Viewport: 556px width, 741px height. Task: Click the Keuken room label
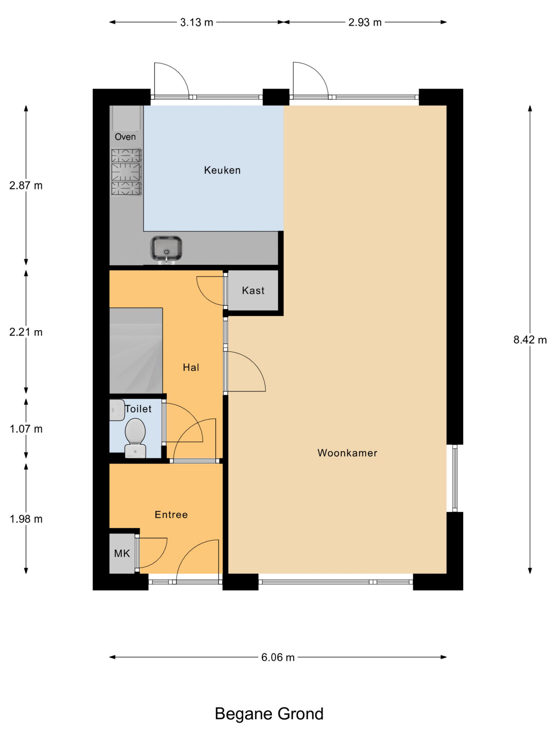click(x=222, y=170)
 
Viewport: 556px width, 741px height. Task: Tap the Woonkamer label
click(x=347, y=453)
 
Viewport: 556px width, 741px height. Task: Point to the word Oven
click(x=125, y=137)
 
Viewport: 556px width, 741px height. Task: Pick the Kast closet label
click(x=253, y=290)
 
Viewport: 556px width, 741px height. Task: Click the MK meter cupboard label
click(x=122, y=553)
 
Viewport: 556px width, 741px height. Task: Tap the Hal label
click(x=191, y=368)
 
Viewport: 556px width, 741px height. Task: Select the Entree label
click(x=171, y=515)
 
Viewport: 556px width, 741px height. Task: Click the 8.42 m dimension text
click(x=530, y=340)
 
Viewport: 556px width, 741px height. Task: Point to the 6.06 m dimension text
click(x=278, y=658)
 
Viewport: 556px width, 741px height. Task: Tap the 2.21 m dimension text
click(x=26, y=332)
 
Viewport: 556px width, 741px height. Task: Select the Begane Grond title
click(x=269, y=714)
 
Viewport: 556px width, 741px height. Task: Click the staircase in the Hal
click(x=136, y=351)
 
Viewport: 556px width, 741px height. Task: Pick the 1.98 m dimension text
click(x=26, y=519)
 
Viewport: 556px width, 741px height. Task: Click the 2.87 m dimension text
click(x=26, y=185)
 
